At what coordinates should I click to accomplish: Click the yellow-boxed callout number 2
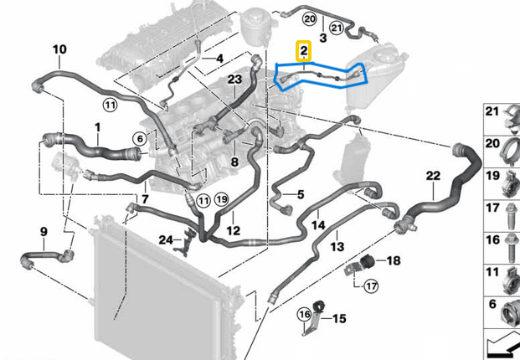coord(304,52)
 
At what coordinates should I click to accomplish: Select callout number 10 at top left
coord(59,50)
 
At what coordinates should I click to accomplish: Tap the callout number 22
coord(432,175)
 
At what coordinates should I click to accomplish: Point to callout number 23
coord(234,80)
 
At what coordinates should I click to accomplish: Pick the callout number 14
coord(319,225)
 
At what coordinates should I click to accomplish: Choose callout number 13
coord(337,247)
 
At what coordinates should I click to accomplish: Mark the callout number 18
coord(394,261)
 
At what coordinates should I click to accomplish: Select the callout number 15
coord(339,319)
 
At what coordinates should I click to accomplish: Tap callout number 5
coord(301,195)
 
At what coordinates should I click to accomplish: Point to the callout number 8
coord(235,162)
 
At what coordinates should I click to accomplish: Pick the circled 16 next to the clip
coord(305,314)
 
